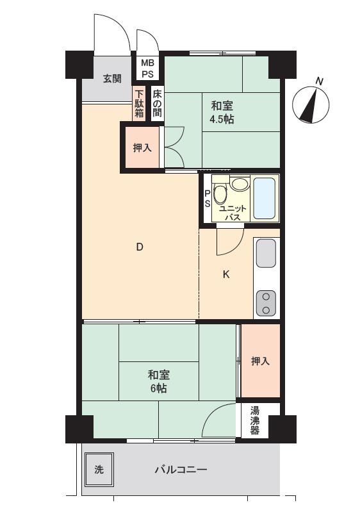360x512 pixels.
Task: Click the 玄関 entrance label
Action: click(x=112, y=79)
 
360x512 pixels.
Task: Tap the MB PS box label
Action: click(x=147, y=68)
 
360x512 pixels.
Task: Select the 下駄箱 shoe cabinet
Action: click(x=140, y=104)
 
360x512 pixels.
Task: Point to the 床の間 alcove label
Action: click(x=157, y=104)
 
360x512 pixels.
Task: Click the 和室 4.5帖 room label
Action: click(x=222, y=113)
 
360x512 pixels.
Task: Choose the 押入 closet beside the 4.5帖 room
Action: click(x=142, y=147)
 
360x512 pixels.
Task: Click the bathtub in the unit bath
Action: click(x=265, y=198)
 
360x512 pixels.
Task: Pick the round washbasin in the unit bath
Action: click(x=240, y=184)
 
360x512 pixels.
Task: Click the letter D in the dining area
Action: click(x=140, y=247)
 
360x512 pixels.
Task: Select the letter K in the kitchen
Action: click(x=226, y=275)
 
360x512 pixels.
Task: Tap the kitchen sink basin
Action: click(x=266, y=253)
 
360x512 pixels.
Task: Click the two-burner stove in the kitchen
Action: click(x=266, y=303)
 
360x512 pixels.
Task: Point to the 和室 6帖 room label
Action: click(x=159, y=381)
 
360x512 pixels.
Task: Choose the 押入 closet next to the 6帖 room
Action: click(x=261, y=361)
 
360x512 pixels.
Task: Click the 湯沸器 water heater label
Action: click(x=255, y=420)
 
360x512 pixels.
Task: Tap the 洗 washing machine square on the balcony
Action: click(x=99, y=469)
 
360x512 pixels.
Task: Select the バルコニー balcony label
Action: click(x=181, y=470)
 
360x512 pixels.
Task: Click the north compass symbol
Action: click(x=311, y=103)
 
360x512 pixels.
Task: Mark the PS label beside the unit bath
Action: click(x=208, y=199)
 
